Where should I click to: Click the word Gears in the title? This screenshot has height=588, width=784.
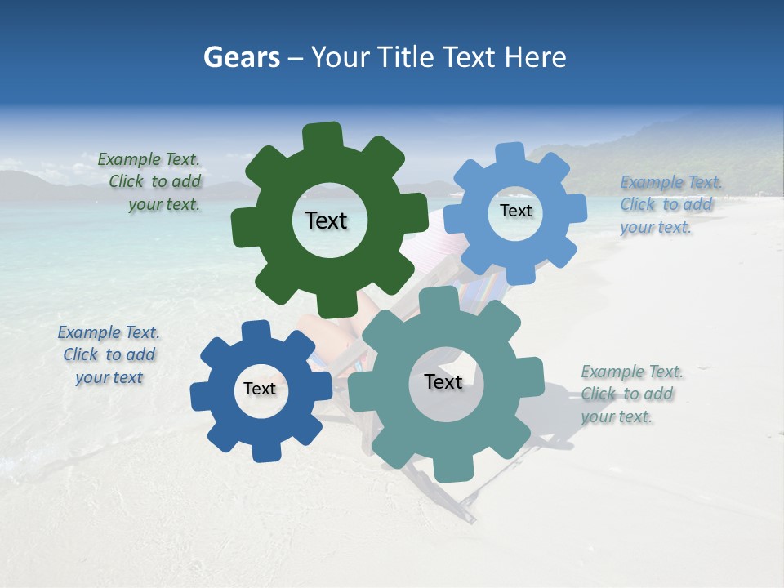tap(241, 58)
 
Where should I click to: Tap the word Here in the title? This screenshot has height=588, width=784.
tap(535, 58)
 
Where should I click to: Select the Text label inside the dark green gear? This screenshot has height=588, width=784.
tap(327, 220)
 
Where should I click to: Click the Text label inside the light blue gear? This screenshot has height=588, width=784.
tap(515, 211)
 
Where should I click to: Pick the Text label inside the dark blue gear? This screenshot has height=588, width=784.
tap(260, 390)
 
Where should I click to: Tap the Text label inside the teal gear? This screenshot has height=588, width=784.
tap(443, 382)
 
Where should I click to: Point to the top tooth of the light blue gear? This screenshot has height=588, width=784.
tap(510, 154)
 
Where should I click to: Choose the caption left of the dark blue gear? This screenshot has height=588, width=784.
tap(109, 355)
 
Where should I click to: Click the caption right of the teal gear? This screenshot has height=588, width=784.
tap(630, 394)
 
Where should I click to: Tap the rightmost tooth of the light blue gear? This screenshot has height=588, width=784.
tap(577, 207)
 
